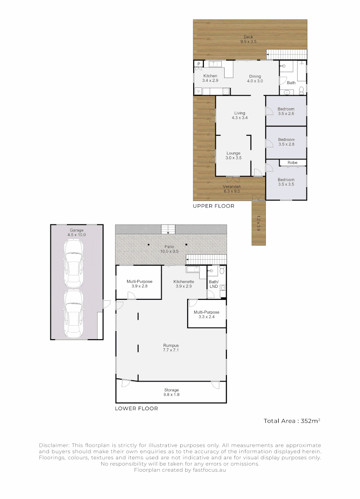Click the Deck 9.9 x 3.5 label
pyautogui.click(x=248, y=39)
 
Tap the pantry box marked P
pyautogui.click(x=198, y=64)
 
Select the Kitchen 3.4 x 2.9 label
pyautogui.click(x=209, y=78)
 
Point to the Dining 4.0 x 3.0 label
pyautogui.click(x=255, y=79)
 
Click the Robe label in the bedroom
pyautogui.click(x=292, y=163)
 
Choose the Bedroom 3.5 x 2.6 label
pyautogui.click(x=286, y=111)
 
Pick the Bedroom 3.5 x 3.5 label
pyautogui.click(x=286, y=182)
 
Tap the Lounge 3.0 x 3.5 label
pyautogui.click(x=233, y=155)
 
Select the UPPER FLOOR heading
pyautogui.click(x=214, y=206)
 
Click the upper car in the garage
pyautogui.click(x=74, y=261)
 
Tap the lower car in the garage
pyautogui.click(x=74, y=313)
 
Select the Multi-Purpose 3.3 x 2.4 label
pyautogui.click(x=206, y=315)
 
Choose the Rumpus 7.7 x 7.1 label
pyautogui.click(x=171, y=347)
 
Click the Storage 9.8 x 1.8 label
pyautogui.click(x=171, y=392)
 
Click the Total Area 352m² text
pyautogui.click(x=292, y=421)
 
